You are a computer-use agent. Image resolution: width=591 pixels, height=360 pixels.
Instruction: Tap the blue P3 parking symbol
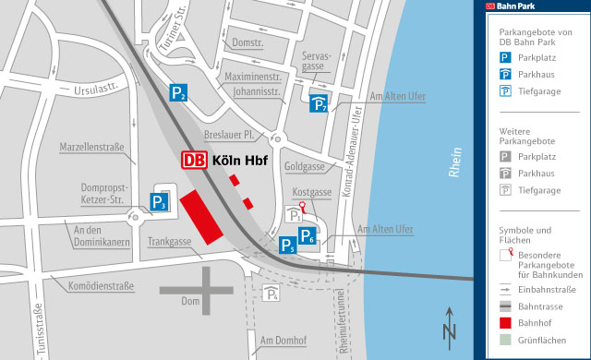[161, 202]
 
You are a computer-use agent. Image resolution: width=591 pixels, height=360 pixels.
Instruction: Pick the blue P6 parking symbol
[308, 235]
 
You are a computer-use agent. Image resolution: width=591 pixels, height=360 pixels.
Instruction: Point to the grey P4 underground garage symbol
[272, 294]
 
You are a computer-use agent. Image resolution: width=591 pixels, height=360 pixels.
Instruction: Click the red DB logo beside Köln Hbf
[194, 160]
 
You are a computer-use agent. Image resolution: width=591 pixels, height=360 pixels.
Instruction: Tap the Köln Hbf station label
[240, 160]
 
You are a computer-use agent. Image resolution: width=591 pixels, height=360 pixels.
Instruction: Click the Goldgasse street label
[305, 167]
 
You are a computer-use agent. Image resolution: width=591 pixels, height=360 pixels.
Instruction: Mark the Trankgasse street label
[170, 242]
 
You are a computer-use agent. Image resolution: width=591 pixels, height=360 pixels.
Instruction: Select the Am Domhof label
[283, 341]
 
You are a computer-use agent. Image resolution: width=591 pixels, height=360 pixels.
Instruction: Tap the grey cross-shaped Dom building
[204, 290]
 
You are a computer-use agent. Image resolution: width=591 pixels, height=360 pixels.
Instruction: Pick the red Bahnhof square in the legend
[505, 323]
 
